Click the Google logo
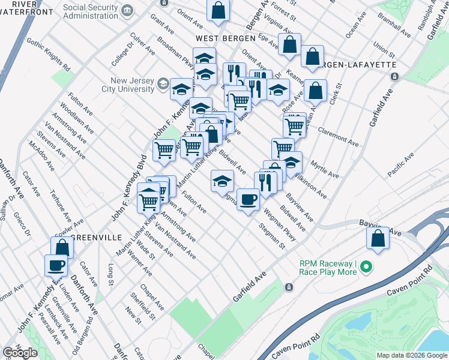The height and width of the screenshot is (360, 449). coord(20,353)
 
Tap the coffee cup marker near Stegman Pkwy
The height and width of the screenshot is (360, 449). coord(247,199)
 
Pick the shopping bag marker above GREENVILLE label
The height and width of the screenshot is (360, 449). coord(62,247)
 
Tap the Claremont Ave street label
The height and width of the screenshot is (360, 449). coord(338,136)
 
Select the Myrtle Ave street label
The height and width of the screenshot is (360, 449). coord(324,168)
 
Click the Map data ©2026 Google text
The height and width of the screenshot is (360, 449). coord(412,355)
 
